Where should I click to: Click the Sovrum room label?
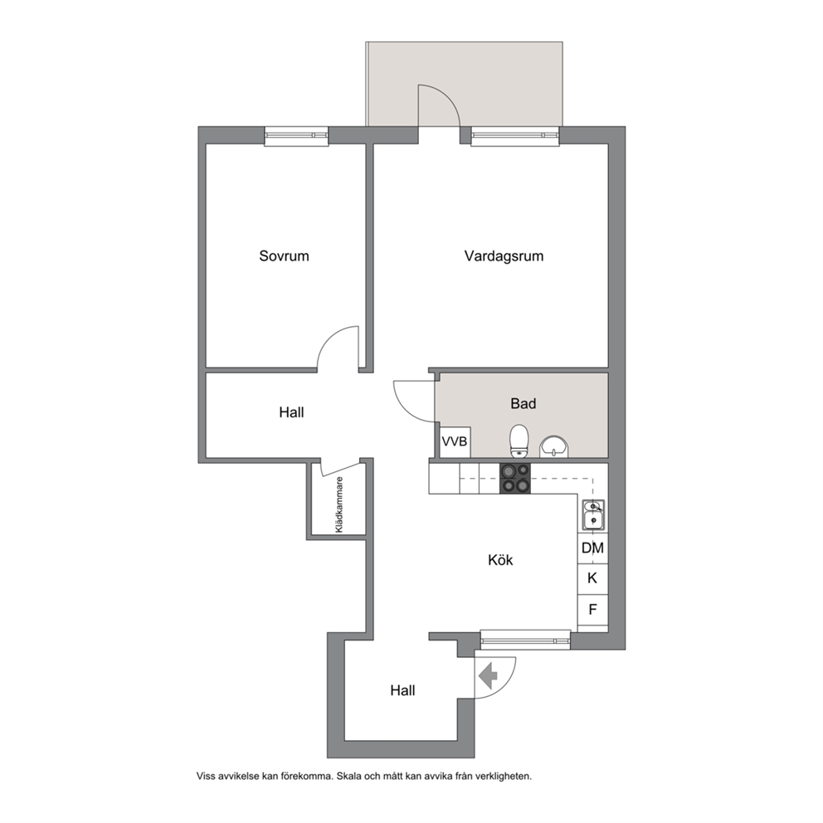click(x=284, y=256)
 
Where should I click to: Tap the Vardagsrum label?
click(x=504, y=256)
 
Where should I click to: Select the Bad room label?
click(x=524, y=404)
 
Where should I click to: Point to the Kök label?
click(x=500, y=560)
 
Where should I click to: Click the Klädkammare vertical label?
click(x=339, y=504)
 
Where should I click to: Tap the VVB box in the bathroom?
click(x=454, y=441)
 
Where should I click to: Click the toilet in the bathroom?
click(x=519, y=441)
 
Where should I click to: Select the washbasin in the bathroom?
click(x=553, y=447)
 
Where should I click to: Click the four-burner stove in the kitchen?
click(x=515, y=479)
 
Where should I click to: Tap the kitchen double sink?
click(x=593, y=514)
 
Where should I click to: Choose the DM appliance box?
click(x=592, y=548)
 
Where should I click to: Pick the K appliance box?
click(x=592, y=579)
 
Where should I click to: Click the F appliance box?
click(x=592, y=610)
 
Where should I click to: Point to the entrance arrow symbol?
click(x=489, y=676)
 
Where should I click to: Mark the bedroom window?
click(x=296, y=135)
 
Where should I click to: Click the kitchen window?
click(x=525, y=640)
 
